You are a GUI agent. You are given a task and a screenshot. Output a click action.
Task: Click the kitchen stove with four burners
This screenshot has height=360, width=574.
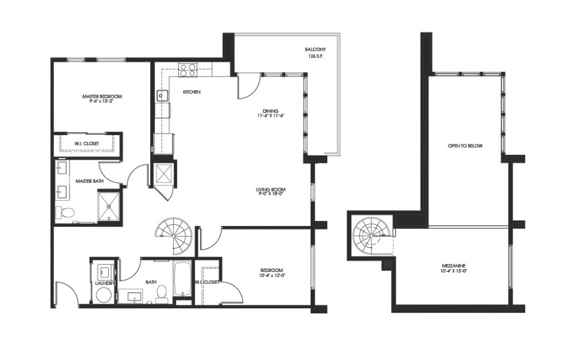pos(187,70)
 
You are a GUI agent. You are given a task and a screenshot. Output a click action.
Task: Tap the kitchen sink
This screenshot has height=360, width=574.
pos(162,95)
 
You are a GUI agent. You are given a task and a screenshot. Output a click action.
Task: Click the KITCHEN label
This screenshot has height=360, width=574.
pos(192,92)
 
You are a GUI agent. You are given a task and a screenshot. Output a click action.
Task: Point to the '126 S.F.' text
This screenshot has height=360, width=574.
pos(317,57)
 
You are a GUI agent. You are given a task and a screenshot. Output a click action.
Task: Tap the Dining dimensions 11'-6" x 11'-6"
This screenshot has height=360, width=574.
pos(271,116)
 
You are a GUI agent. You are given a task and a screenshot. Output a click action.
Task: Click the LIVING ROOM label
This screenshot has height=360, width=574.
pos(271,190)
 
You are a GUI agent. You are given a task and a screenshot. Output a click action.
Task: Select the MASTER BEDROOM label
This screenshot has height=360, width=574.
pos(103,96)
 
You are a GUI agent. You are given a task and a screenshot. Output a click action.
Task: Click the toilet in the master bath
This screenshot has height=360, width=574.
pos(67,213)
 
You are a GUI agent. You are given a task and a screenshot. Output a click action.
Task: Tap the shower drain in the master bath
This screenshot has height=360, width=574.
pos(108,205)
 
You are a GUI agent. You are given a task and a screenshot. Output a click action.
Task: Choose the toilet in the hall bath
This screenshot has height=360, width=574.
pos(162,293)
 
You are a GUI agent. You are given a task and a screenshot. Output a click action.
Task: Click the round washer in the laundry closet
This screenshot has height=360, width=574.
pos(104,295)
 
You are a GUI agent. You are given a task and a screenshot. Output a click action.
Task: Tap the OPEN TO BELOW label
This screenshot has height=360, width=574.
pos(465,146)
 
